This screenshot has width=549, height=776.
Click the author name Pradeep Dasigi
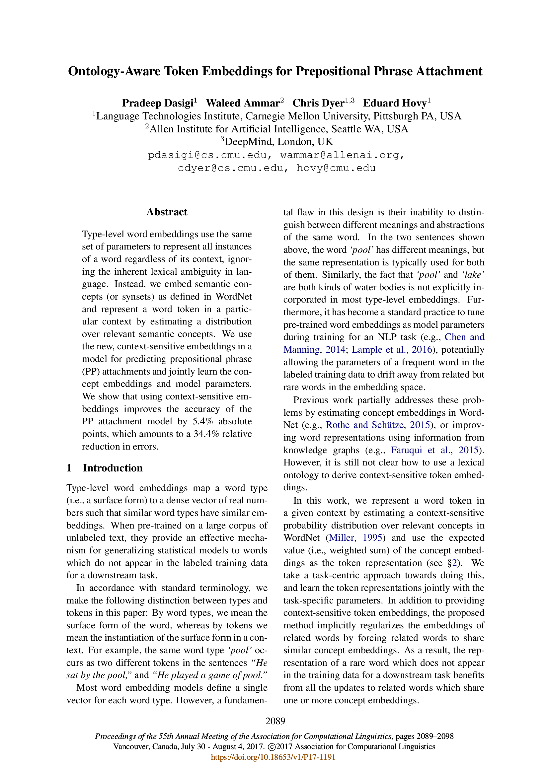(x=158, y=103)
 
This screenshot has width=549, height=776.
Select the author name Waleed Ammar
(x=243, y=103)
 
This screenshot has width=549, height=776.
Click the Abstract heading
(x=167, y=212)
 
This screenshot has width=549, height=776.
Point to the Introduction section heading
(x=113, y=468)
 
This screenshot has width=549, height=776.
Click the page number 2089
(x=275, y=721)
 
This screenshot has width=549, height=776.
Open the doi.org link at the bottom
(x=273, y=757)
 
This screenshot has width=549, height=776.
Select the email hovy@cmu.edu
(x=336, y=168)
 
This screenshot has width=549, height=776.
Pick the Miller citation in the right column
(x=342, y=537)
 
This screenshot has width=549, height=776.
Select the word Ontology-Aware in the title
(x=114, y=71)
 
